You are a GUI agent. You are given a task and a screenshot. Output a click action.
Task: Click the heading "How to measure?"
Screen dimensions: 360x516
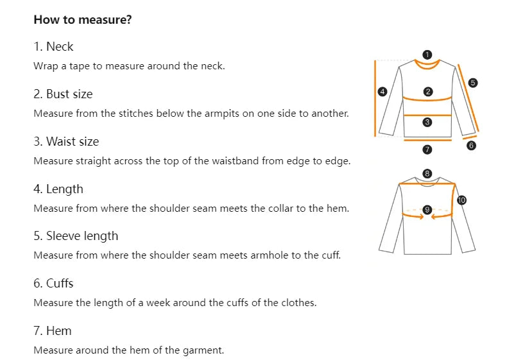[x=83, y=19]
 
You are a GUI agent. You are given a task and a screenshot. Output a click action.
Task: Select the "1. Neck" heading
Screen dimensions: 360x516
[x=53, y=46]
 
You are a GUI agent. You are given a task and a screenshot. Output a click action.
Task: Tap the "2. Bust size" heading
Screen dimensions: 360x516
[x=63, y=94]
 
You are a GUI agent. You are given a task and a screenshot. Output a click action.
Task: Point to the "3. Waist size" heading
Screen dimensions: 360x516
[x=66, y=141]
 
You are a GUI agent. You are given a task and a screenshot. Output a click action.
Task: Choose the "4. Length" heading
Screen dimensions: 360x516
[x=58, y=189]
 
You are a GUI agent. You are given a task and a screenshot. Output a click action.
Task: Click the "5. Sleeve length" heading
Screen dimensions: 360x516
[x=76, y=236]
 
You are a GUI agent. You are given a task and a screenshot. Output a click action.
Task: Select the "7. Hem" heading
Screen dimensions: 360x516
[x=53, y=331]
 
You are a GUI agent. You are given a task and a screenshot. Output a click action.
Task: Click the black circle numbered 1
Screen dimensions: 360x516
[x=427, y=55]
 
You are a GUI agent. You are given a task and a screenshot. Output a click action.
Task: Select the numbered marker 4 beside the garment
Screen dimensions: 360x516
[x=383, y=92]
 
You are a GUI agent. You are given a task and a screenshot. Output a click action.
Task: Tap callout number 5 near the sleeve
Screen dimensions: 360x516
[x=473, y=83]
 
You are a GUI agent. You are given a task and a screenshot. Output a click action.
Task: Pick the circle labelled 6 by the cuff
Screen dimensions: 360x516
[x=471, y=146]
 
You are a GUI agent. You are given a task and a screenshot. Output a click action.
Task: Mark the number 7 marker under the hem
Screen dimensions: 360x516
[x=427, y=150]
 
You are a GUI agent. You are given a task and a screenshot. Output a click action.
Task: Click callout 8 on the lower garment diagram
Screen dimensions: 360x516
[x=427, y=173]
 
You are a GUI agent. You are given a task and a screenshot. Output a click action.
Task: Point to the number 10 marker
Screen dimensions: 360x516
[x=461, y=200]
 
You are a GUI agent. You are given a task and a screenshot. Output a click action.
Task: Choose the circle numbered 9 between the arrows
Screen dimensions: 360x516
[x=427, y=209]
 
